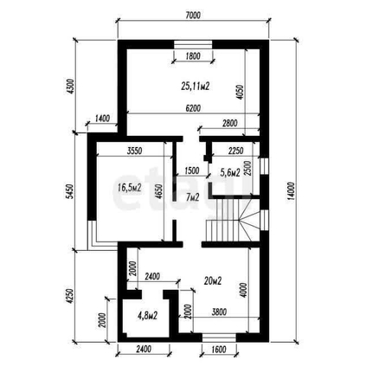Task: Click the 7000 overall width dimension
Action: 193,16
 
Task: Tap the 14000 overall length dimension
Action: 292,191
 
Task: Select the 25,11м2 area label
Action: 196,86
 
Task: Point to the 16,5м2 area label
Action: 130,188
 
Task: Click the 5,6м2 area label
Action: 230,172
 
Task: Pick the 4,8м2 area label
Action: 147,315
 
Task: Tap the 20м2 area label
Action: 213,280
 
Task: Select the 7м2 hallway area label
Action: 192,197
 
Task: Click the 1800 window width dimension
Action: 193,56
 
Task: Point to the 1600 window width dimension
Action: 219,350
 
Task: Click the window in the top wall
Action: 193,45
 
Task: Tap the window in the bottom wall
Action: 219,338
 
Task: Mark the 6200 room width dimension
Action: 193,108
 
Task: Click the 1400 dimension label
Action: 102,119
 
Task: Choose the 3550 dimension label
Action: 134,151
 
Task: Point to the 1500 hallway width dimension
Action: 192,170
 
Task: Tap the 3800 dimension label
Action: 219,312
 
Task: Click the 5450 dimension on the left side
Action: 70,191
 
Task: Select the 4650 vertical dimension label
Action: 159,191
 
